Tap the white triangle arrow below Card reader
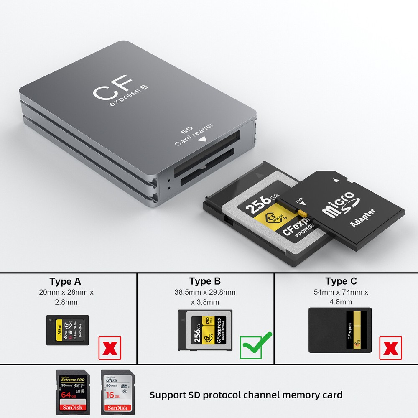(204, 140)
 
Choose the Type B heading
(205, 281)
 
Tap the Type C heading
(341, 281)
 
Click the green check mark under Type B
(255, 345)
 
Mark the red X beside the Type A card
(110, 348)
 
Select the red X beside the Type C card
(390, 348)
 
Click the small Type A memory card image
(67, 330)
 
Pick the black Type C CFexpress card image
(340, 330)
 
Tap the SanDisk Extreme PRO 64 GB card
(74, 392)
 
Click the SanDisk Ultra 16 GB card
(117, 392)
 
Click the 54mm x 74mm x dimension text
(341, 292)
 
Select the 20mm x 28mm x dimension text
(66, 292)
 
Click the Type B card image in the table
(205, 330)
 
